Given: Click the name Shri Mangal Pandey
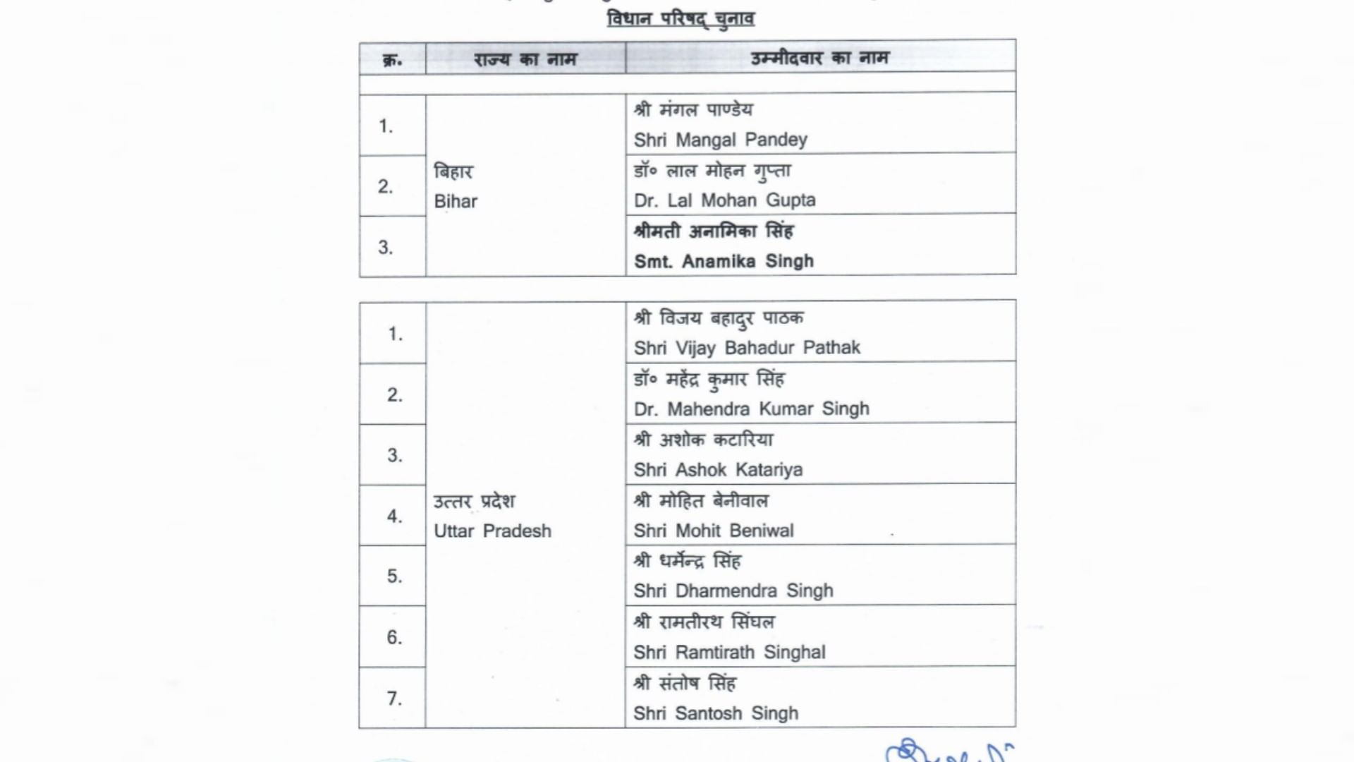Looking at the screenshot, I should (x=720, y=140).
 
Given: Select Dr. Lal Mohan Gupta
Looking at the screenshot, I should (x=724, y=200).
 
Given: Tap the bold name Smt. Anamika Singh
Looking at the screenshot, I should (x=724, y=261).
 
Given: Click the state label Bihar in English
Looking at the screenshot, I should (x=456, y=201).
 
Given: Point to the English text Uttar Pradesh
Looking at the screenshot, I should (x=492, y=531).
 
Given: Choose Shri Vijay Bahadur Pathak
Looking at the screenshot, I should (x=747, y=348).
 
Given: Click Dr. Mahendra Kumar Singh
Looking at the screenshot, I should (x=751, y=409).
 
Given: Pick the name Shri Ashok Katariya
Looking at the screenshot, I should (x=718, y=470).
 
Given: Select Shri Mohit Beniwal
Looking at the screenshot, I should (x=714, y=531).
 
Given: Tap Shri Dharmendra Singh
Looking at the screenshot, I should (x=733, y=591).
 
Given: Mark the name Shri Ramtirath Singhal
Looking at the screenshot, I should (x=729, y=652).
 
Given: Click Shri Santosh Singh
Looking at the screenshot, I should (x=716, y=713).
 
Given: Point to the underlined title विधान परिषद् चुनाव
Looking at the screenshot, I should (x=681, y=18).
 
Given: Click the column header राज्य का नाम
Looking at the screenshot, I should (x=525, y=59).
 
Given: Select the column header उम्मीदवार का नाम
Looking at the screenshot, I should (x=819, y=58).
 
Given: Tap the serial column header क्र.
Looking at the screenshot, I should (x=392, y=59).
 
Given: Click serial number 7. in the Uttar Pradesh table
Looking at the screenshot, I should (x=394, y=698).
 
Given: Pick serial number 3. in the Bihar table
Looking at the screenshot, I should (x=385, y=247).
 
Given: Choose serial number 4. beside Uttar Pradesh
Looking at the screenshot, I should (x=394, y=516).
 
